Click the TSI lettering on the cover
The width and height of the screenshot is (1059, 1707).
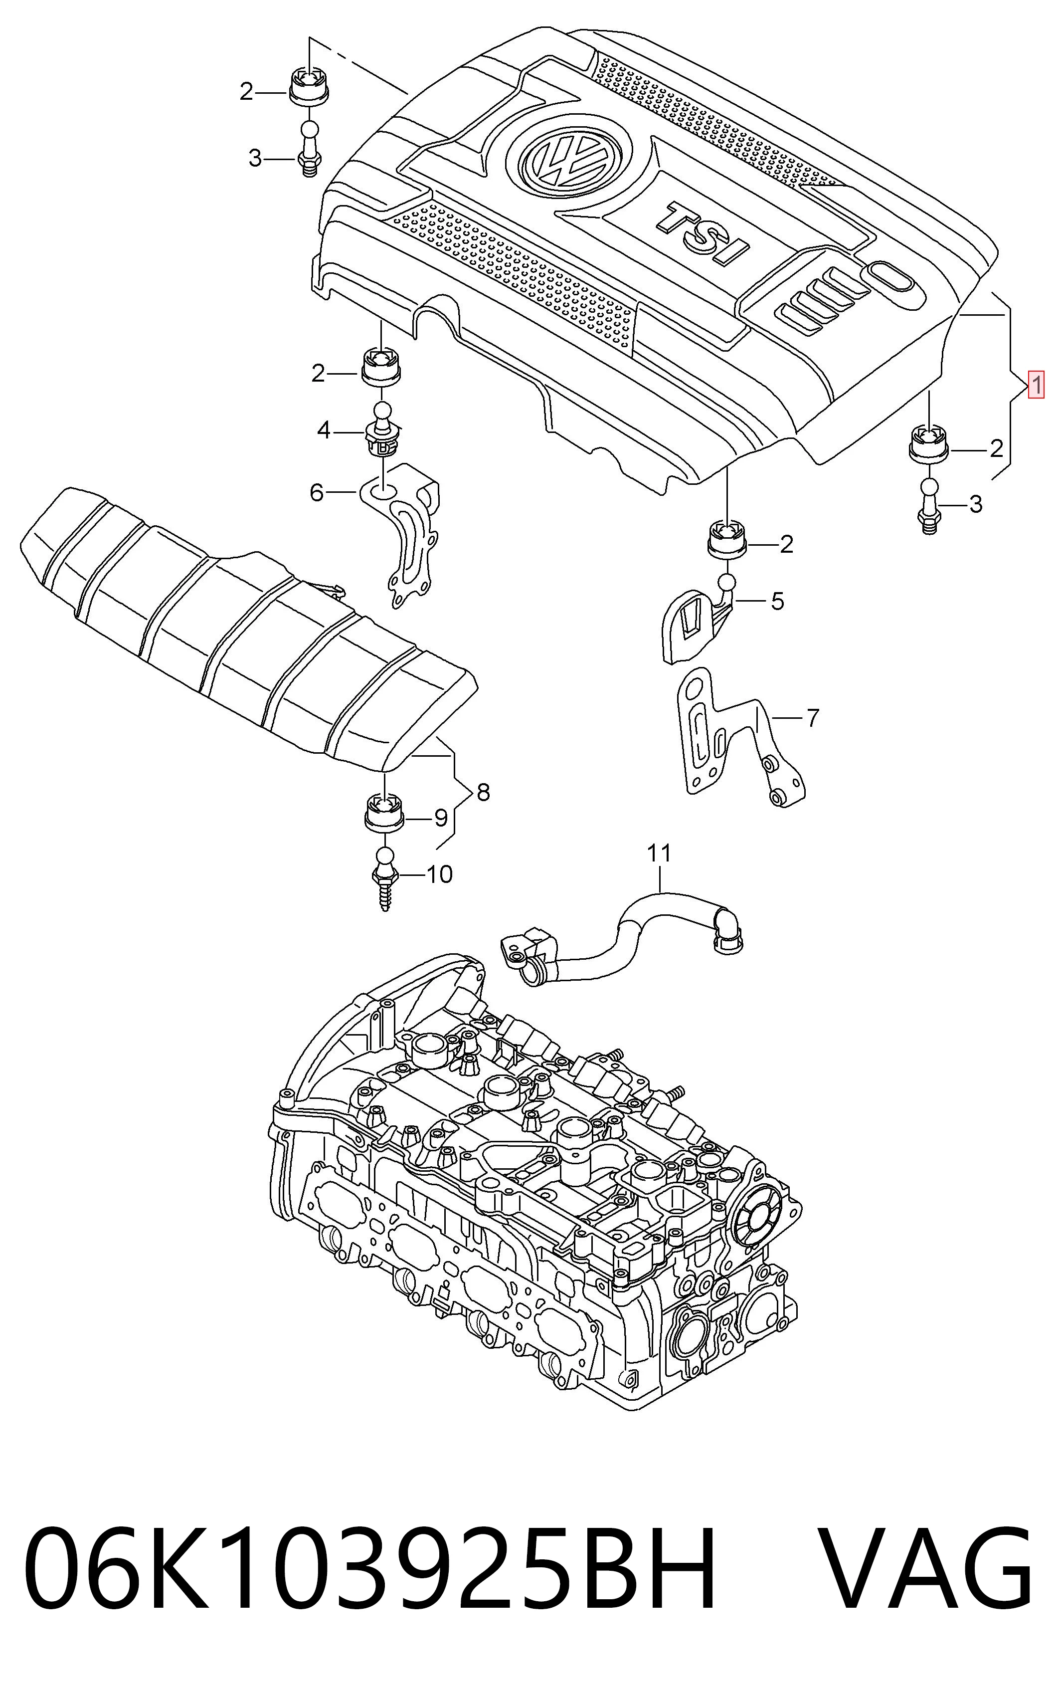coord(703,234)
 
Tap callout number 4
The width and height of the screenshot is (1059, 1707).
coord(323,430)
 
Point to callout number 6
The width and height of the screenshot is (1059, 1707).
coord(317,493)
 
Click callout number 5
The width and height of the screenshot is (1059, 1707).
coord(777,601)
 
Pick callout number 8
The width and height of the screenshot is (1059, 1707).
coord(483,793)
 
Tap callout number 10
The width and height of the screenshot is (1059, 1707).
coord(440,874)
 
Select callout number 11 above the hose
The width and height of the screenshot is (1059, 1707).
coord(659,853)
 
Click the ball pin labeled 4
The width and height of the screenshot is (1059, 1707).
coord(382,428)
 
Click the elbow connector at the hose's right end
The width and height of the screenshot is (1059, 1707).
coord(726,928)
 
